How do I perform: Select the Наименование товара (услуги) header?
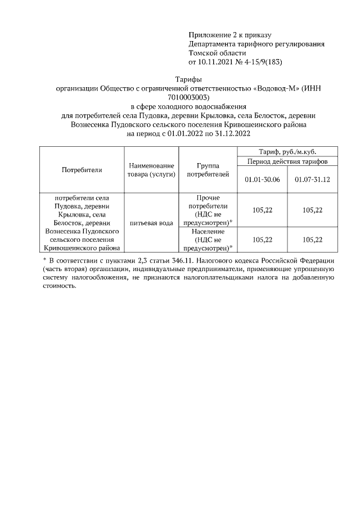151,170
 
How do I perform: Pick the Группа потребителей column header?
208,170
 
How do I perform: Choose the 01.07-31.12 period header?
312,179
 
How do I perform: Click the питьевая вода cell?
151,223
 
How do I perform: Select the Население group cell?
208,240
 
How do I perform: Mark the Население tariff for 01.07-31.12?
312,240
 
